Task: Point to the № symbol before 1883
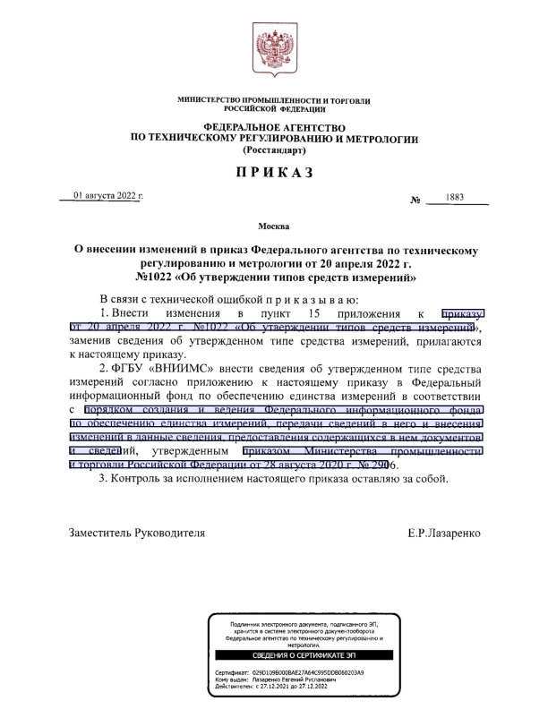(415, 200)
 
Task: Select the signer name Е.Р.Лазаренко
(443, 533)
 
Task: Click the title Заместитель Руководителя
(137, 533)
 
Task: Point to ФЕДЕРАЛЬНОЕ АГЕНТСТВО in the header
(274, 129)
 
